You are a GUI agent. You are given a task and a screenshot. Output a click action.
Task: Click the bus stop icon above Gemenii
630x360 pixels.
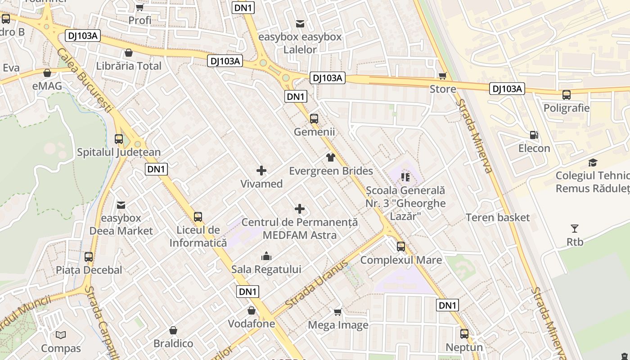coord(314,119)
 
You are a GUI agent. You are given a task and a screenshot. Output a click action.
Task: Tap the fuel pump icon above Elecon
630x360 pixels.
coord(534,135)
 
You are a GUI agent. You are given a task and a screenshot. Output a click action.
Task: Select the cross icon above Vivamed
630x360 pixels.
coord(261,171)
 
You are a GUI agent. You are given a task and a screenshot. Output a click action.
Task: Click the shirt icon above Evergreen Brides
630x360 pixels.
coord(331,157)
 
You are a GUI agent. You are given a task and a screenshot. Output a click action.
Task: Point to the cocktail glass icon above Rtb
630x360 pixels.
coord(575,229)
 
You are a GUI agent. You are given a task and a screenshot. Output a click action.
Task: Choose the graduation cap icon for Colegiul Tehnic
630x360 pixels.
coord(593,162)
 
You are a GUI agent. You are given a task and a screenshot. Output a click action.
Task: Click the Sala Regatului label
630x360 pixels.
coord(266,269)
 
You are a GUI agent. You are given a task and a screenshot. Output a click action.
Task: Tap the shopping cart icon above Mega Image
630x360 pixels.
coord(338,312)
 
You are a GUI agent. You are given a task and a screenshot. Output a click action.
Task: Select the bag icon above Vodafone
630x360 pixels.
coord(252,310)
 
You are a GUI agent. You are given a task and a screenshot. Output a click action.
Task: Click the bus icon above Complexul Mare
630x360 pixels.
coord(401,247)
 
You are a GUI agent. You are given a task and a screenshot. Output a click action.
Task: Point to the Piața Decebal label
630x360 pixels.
coord(89,270)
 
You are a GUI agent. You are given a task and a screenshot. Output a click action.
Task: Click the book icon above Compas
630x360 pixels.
coord(61,335)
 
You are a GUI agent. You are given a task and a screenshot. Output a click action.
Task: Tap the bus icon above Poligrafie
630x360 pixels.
coord(566,95)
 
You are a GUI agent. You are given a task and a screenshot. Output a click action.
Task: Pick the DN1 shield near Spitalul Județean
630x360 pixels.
coord(157,169)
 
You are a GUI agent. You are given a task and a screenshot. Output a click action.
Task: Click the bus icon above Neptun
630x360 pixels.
coord(464,334)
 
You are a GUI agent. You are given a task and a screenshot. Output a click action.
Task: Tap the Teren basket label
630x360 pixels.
coord(498,218)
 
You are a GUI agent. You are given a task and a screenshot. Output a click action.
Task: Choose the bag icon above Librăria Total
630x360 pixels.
coord(129,53)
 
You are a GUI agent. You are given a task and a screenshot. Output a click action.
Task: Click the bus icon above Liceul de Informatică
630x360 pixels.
coord(198,217)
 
